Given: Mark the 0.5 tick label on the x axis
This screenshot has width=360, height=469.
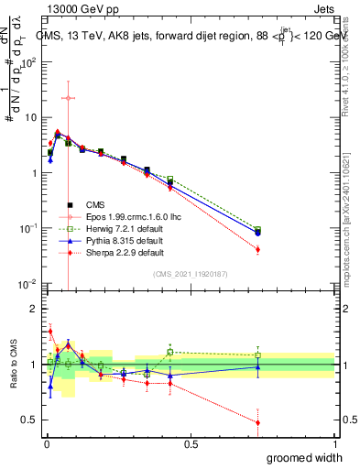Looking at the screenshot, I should tap(191, 444).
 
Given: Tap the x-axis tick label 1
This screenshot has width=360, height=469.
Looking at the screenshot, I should tap(334, 444).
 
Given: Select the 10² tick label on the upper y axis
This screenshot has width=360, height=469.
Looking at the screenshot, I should tap(28, 62).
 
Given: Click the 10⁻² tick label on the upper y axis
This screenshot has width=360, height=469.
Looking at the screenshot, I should tap(28, 283).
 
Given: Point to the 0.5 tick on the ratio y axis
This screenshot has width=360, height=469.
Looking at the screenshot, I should tap(28, 420).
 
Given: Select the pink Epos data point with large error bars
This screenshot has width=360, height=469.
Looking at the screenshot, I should tap(68, 97).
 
